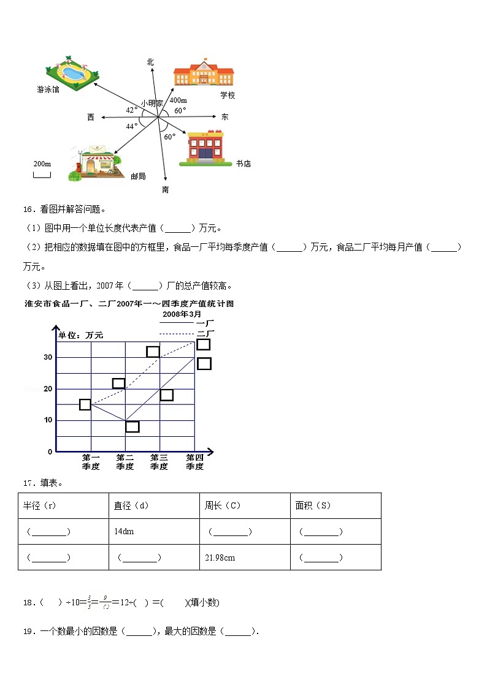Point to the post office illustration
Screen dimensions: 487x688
click(93, 164)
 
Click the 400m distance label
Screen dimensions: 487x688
click(178, 100)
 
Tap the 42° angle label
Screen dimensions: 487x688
click(131, 110)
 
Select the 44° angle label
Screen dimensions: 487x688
click(131, 126)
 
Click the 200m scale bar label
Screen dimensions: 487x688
click(42, 164)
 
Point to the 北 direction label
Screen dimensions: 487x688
click(150, 62)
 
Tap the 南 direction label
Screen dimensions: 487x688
click(165, 190)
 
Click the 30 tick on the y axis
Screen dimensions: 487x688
click(47, 357)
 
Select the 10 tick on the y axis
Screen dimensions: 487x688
click(47, 420)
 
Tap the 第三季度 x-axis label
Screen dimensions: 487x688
click(159, 462)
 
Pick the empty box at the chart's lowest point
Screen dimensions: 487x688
click(132, 426)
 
